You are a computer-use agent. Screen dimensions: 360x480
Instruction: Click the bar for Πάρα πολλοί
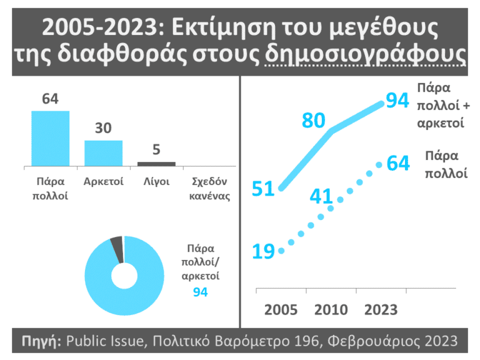pos(51,138)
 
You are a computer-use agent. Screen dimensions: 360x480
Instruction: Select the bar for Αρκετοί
pos(103,153)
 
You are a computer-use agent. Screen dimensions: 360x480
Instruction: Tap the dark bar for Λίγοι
pos(156,164)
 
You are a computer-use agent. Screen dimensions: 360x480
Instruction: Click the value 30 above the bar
pos(103,129)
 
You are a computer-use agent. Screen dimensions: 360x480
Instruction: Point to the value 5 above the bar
pos(156,150)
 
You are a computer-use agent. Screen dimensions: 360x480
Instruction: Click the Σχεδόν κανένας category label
pos(210,189)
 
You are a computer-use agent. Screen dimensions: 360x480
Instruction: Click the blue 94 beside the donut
pos(200,292)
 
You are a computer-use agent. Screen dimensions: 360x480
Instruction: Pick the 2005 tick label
pos(281,311)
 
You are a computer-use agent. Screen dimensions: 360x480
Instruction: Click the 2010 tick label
pos(331,311)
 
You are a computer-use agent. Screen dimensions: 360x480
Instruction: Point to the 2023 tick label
pos(381,311)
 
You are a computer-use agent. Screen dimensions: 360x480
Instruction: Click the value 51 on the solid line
pos(263,189)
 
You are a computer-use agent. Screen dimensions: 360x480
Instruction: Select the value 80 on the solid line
pos(314,119)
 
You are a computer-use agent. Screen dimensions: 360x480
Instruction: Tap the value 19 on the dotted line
pos(264,251)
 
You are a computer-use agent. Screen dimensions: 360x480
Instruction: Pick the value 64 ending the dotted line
pos(398,164)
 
